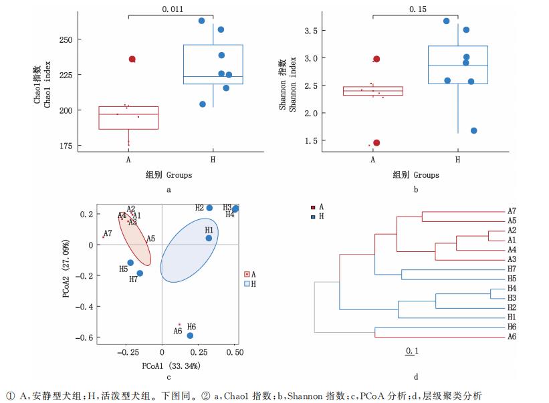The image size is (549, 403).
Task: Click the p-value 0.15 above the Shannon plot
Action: coord(415,9)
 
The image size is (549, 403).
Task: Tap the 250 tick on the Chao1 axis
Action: coord(66,39)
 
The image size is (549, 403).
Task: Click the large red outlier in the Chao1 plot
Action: coord(132,59)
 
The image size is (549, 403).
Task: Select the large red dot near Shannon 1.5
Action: coord(376,142)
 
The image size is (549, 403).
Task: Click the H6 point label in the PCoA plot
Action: coord(192,325)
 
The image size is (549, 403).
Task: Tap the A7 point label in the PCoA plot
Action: coord(108,233)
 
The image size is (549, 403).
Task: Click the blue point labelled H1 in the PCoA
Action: coord(209,238)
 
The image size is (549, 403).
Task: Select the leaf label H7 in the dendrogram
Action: coord(512,269)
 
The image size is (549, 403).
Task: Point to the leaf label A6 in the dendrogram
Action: coord(512,336)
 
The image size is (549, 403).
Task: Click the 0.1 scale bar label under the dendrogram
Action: coord(412,351)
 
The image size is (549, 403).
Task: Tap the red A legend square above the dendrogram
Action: coord(314,208)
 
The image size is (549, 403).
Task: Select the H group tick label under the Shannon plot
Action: coord(458,160)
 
